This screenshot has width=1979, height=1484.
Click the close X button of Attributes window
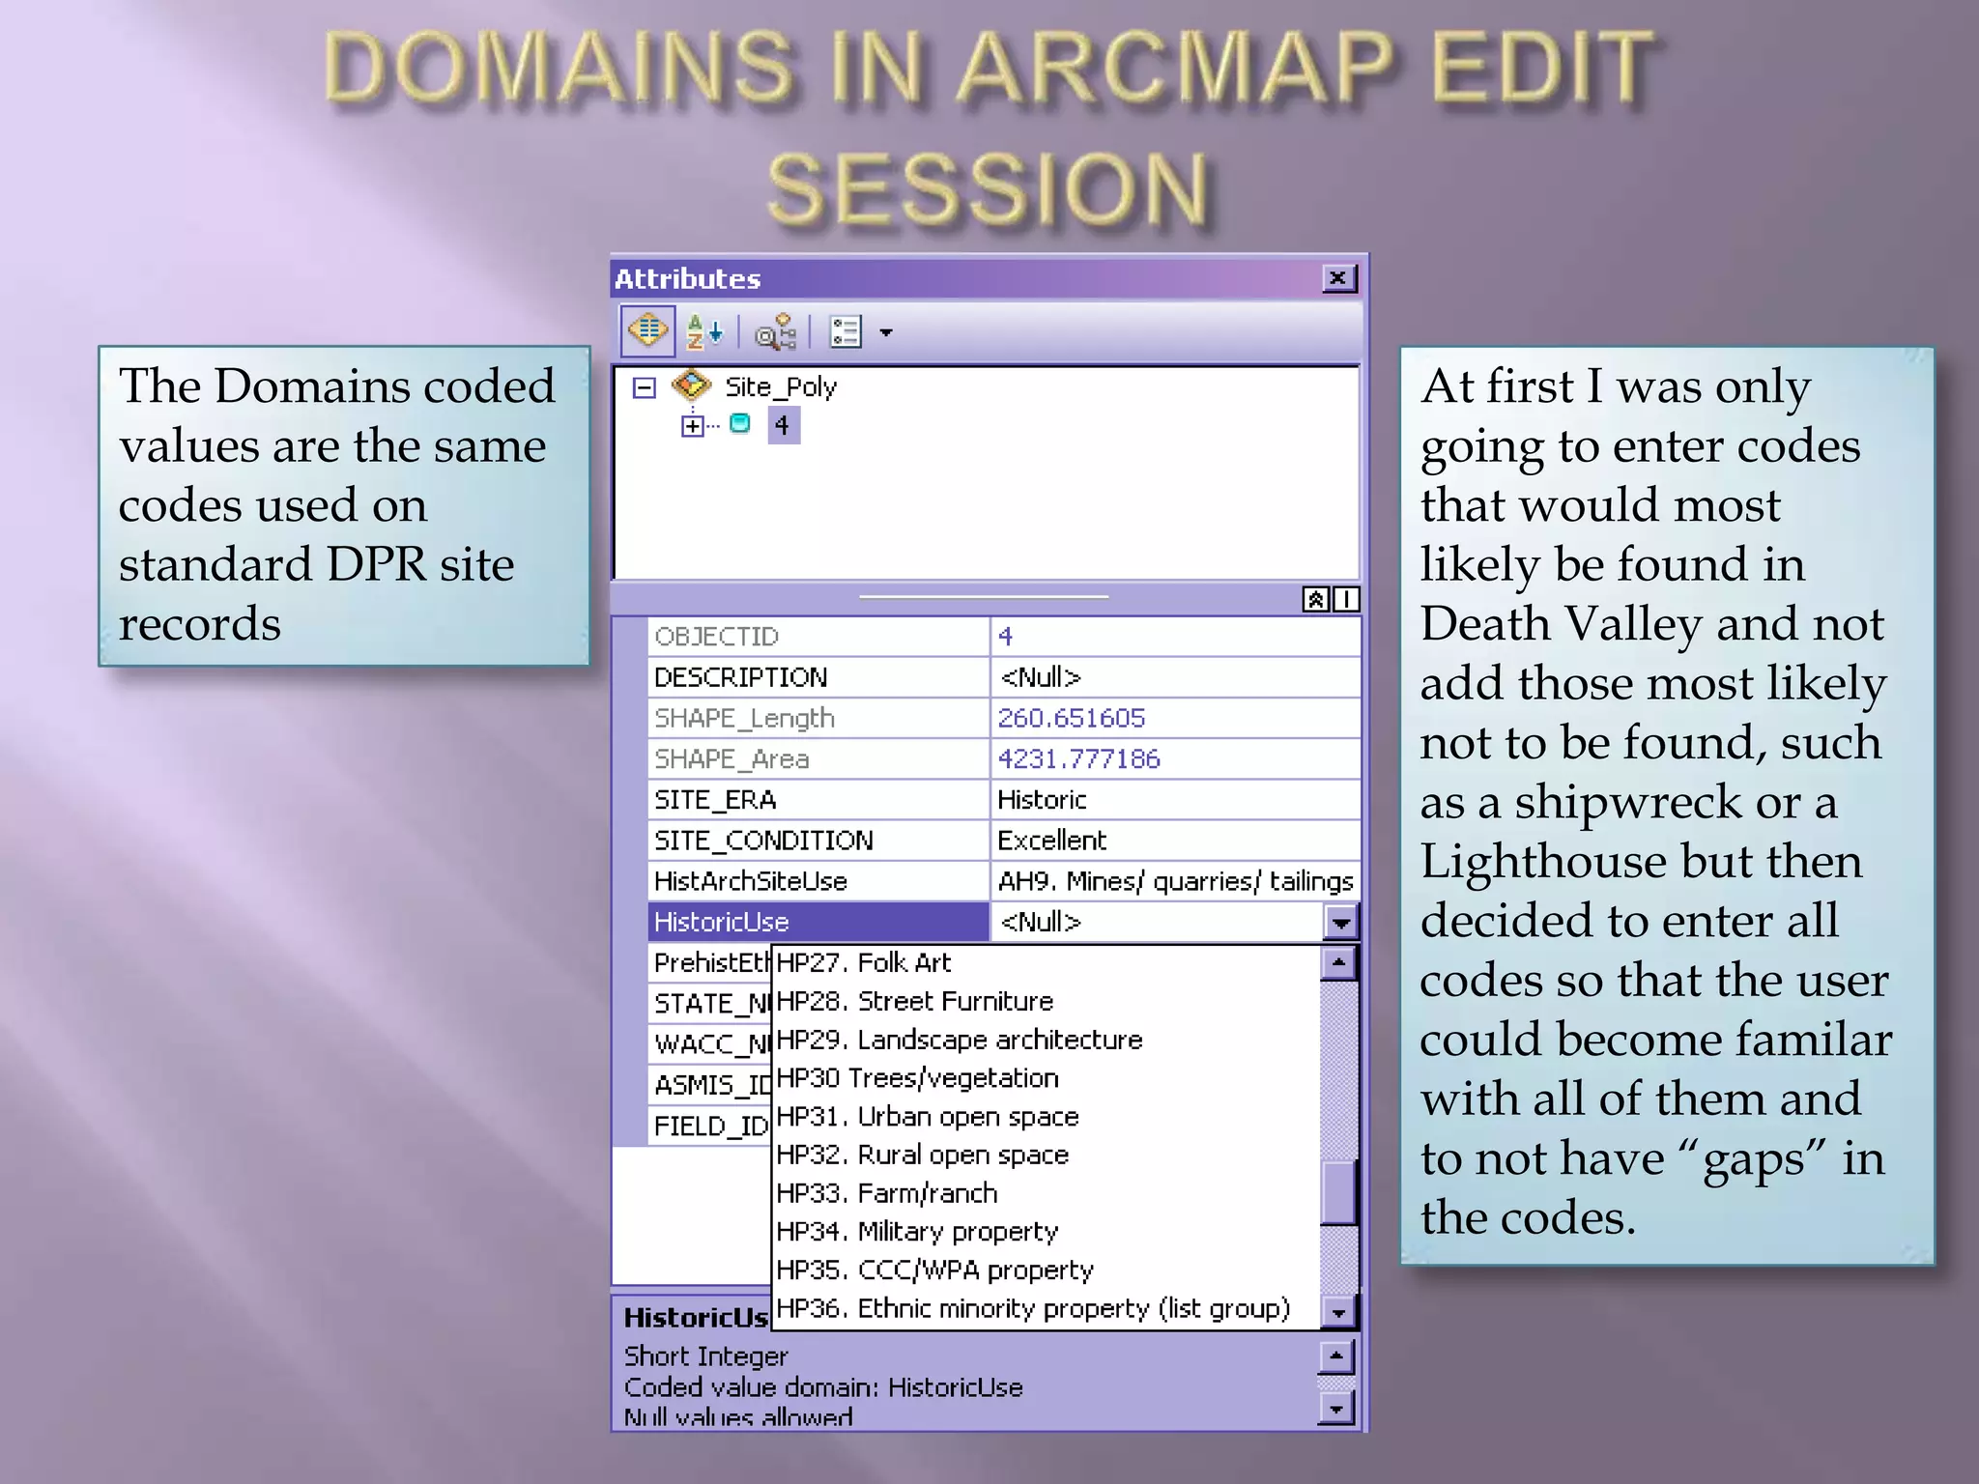1338,279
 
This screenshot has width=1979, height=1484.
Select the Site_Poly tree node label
780,387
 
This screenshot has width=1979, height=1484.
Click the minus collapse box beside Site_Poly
644,388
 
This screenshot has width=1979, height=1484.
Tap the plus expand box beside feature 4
692,426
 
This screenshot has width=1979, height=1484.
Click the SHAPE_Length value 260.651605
1071,718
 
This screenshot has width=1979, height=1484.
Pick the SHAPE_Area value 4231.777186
1078,759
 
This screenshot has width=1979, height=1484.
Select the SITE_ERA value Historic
1042,800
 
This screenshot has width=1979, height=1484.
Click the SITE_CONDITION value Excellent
1051,841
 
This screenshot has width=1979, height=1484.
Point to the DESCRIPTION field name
741,677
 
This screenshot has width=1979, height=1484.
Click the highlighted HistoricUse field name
722,923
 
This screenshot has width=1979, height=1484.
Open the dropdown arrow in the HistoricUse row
1340,923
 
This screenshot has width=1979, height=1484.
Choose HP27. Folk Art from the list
863,963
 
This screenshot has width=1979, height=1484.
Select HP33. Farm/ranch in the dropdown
886,1194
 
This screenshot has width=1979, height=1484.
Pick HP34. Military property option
917,1232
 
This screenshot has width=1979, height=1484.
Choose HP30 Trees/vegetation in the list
917,1078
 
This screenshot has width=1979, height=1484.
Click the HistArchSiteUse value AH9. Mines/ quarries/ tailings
1175,881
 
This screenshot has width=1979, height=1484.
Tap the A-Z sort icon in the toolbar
703,332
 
